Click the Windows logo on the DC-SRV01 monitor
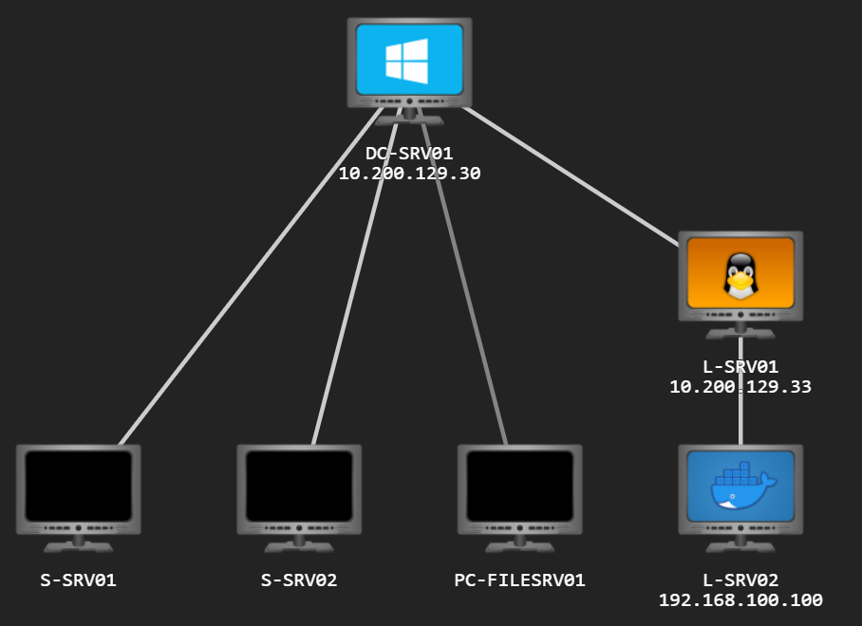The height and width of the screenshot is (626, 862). click(x=406, y=59)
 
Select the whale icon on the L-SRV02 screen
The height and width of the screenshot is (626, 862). click(x=741, y=487)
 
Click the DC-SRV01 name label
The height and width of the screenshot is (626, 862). click(x=409, y=153)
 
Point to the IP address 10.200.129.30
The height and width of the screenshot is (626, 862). click(x=409, y=174)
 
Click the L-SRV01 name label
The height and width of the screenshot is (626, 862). click(x=740, y=366)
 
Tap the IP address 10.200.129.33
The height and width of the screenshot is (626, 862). click(x=740, y=387)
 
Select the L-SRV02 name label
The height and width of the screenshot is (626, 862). click(x=740, y=580)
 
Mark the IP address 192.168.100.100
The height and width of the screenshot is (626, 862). click(x=740, y=600)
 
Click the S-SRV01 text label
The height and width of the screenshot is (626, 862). click(x=79, y=580)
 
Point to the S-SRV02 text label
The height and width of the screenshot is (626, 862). click(x=299, y=580)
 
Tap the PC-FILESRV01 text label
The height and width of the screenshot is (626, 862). click(x=519, y=580)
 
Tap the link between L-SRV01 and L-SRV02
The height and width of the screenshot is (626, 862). click(x=740, y=417)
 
